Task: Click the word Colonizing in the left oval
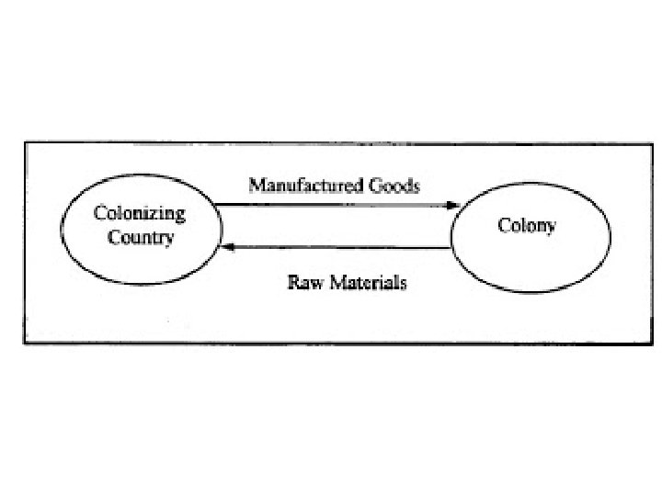click(140, 214)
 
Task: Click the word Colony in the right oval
click(526, 224)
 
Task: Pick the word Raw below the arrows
click(302, 283)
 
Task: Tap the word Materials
click(362, 283)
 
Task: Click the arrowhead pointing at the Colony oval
click(451, 205)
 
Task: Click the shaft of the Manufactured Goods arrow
click(331, 205)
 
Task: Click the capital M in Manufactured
click(257, 186)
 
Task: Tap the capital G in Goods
click(375, 186)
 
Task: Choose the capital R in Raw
click(293, 283)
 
